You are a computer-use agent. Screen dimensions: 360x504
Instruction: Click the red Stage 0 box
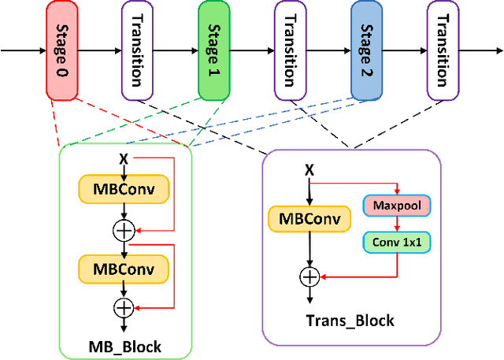[x=61, y=50]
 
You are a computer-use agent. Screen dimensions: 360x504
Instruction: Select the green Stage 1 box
[x=213, y=50]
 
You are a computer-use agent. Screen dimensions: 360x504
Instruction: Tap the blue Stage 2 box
[x=366, y=50]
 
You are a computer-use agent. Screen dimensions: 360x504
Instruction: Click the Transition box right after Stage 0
[x=137, y=50]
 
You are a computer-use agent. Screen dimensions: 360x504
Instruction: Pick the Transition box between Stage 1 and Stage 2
[x=290, y=50]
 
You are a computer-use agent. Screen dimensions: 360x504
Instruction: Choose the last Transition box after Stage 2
[x=443, y=50]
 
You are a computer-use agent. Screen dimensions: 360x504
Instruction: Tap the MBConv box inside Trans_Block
[x=309, y=219]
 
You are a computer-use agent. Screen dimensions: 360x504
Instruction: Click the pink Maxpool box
[x=397, y=207]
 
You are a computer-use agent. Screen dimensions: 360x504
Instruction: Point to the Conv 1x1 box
[x=397, y=241]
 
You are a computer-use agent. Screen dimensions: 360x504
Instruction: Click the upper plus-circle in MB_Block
[x=124, y=230]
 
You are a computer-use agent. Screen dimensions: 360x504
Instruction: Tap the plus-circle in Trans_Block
[x=309, y=276]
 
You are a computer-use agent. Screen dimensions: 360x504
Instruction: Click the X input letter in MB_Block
[x=123, y=159]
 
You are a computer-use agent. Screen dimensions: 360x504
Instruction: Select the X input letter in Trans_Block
[x=309, y=169]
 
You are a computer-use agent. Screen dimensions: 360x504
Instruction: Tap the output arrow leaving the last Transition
[x=480, y=50]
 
